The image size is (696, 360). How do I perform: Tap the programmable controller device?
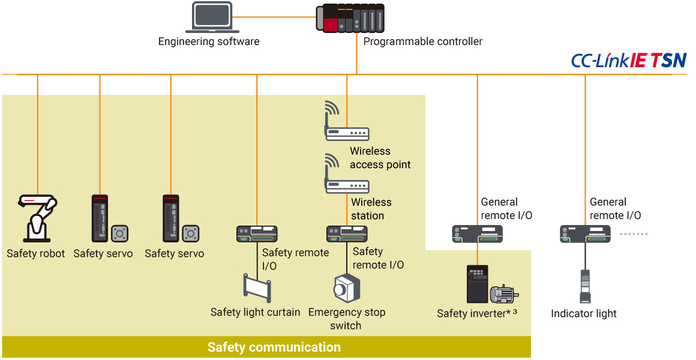(350, 19)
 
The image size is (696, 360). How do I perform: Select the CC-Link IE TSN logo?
(628, 61)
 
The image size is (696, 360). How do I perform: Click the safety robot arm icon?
(37, 218)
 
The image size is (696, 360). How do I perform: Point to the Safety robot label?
(36, 254)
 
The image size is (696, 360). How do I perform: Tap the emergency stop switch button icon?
(347, 288)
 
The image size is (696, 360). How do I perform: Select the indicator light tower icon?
(584, 286)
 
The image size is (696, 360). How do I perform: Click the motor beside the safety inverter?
(503, 294)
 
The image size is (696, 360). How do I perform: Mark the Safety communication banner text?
(274, 347)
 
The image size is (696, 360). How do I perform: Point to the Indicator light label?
(584, 314)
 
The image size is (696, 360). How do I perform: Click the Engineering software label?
(209, 42)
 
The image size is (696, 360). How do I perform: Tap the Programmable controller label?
(423, 42)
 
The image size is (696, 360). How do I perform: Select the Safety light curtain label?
(255, 313)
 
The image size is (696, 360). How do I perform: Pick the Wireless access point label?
(380, 158)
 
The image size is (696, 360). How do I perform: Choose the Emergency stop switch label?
(346, 319)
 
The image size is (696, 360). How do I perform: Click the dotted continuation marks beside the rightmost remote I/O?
(634, 233)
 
